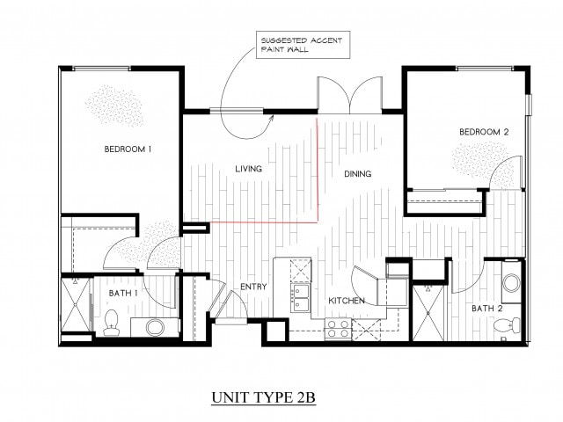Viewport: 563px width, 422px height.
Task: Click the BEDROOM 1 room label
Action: click(x=128, y=149)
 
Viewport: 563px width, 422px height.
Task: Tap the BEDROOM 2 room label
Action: click(x=484, y=133)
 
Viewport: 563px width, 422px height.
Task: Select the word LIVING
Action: click(x=250, y=168)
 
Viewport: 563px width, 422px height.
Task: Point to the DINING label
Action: click(x=358, y=174)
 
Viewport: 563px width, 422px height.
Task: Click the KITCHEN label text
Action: click(x=347, y=301)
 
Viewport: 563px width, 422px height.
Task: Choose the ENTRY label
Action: click(x=253, y=287)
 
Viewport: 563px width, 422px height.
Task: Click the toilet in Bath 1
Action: click(x=112, y=323)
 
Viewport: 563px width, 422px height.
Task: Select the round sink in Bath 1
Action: click(x=155, y=328)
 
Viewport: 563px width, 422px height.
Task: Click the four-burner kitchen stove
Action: click(x=338, y=330)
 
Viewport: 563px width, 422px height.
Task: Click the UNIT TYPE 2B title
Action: click(x=263, y=397)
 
